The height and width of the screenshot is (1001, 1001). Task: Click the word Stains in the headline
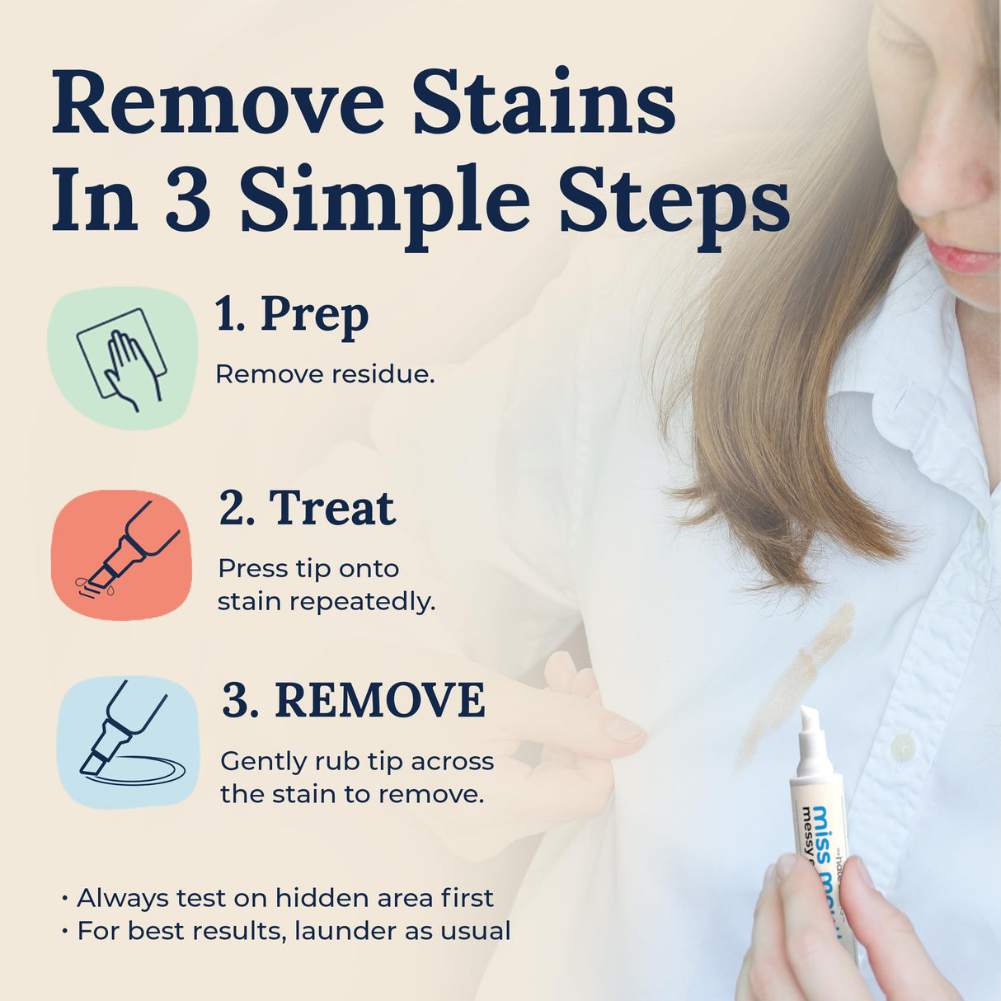543,104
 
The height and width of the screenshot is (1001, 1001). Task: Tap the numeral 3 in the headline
187,200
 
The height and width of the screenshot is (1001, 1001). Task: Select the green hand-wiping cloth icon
122,358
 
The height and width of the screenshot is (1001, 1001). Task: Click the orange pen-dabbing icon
121,554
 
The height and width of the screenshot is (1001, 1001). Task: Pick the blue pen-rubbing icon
128,741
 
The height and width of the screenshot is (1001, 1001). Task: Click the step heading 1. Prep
291,316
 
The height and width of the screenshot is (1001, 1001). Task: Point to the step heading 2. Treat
307,508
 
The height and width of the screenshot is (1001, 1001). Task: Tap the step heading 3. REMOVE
354,701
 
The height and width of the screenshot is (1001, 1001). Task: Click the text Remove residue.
324,374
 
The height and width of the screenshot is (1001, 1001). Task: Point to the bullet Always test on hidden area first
284,897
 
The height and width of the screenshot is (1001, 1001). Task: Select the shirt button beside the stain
903,747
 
